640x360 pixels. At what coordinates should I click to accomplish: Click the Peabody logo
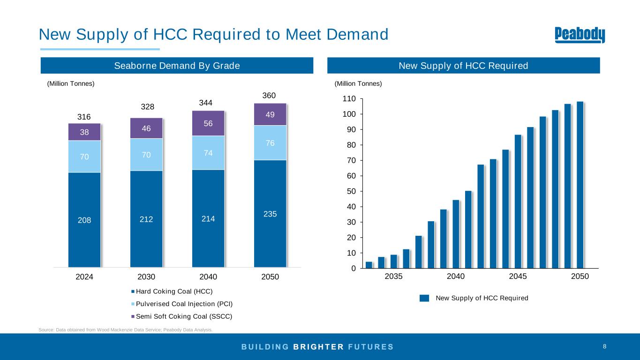[580, 35]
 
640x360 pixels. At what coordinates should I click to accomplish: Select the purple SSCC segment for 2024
[84, 132]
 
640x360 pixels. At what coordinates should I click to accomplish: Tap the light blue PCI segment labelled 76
[270, 142]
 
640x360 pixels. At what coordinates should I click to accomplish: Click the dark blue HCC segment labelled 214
[208, 218]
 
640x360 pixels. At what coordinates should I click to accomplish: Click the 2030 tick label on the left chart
[146, 277]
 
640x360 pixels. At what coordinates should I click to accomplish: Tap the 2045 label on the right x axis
[518, 277]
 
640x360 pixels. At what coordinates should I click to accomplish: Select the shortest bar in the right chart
[369, 265]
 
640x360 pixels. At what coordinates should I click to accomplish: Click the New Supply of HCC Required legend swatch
[424, 298]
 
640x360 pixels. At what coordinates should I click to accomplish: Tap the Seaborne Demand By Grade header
[177, 66]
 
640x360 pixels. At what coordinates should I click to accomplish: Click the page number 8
[604, 346]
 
